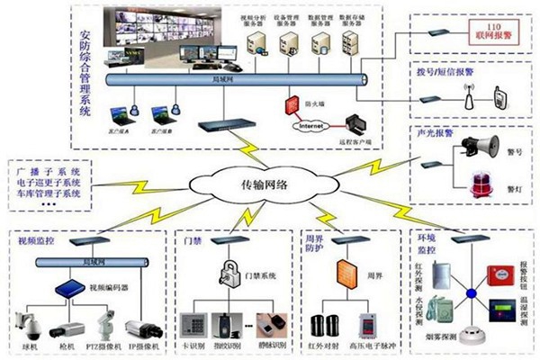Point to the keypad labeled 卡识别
coord(193,323)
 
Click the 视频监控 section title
coord(36,242)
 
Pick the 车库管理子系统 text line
coord(48,193)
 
